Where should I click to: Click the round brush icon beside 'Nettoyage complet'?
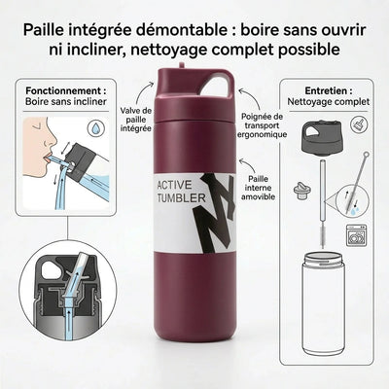[x=359, y=124]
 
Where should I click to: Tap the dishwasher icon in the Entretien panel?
[x=357, y=234]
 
